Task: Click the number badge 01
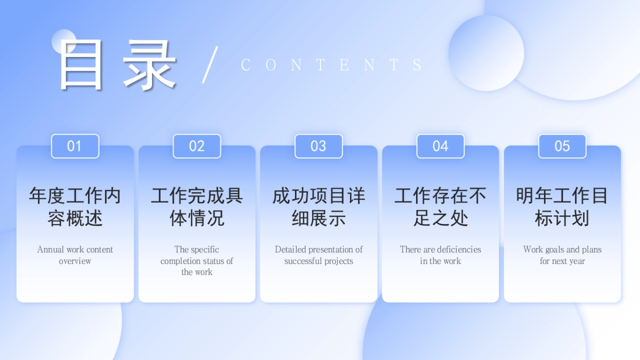pos(75,146)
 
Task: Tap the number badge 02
pos(197,146)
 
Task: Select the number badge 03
pos(318,146)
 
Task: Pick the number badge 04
pos(441,146)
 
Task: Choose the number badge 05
pos(562,146)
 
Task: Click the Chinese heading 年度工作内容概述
pos(75,207)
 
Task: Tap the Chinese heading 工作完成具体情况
pos(197,207)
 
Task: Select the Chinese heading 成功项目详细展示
pos(318,207)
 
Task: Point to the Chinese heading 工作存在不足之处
pos(441,207)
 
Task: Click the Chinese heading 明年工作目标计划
pos(562,207)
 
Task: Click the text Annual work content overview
pos(75,255)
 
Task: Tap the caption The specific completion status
pos(197,260)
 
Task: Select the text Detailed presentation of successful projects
pos(318,255)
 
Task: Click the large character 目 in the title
pos(81,65)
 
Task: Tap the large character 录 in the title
pos(149,65)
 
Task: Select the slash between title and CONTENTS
pos(210,65)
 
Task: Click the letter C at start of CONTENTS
pos(246,65)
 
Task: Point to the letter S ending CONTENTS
pos(418,65)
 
